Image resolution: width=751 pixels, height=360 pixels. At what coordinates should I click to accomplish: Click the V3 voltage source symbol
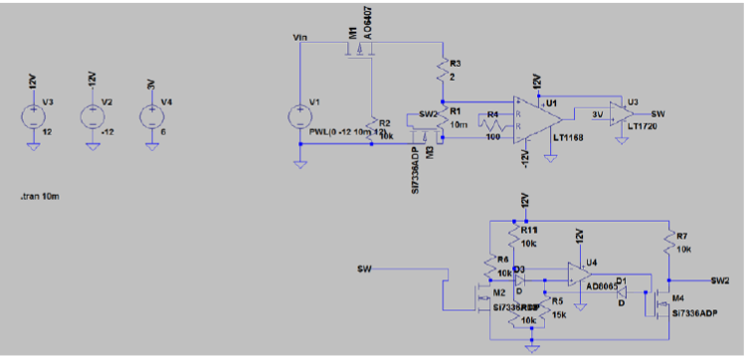click(33, 115)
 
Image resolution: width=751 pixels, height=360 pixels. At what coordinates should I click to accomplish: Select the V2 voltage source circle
click(92, 115)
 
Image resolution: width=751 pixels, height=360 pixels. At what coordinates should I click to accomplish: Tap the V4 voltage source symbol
click(150, 115)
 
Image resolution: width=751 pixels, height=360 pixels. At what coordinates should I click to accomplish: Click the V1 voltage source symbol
click(299, 116)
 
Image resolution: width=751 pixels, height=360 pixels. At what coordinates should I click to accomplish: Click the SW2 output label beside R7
click(725, 281)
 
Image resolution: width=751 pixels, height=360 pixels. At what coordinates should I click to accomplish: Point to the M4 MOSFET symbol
click(656, 301)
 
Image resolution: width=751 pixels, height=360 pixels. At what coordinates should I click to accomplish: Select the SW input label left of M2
click(365, 269)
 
